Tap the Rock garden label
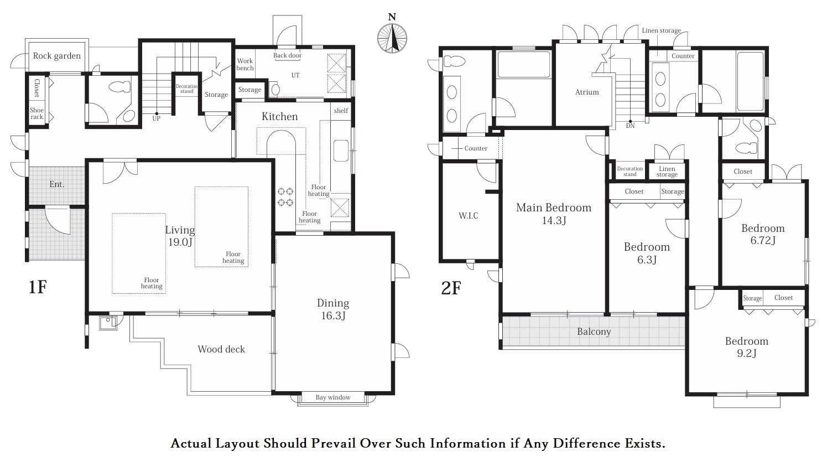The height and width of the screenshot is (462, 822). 56,56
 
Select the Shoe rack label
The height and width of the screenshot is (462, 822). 37,113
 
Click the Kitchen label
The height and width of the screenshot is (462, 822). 280,117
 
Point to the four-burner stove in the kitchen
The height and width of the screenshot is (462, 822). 285,196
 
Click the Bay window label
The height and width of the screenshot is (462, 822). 333,397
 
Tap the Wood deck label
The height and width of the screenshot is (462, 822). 221,349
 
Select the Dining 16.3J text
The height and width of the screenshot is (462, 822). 333,309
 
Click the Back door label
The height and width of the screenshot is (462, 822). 287,55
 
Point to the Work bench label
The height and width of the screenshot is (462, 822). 245,64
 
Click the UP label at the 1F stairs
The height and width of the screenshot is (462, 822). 157,118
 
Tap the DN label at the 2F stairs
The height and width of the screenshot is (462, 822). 631,126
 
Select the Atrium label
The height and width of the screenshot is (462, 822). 587,92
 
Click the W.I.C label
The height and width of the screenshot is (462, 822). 469,215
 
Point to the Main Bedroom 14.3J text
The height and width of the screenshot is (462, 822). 554,214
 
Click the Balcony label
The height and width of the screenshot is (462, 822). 594,331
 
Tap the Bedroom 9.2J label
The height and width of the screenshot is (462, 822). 746,347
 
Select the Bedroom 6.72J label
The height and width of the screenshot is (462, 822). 763,234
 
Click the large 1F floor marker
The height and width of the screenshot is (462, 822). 38,287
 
